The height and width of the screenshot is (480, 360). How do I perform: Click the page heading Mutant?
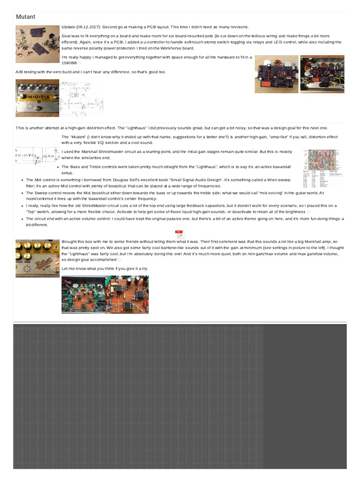26,17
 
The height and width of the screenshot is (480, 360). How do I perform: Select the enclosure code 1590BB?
69,63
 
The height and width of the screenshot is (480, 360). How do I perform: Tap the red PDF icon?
180,234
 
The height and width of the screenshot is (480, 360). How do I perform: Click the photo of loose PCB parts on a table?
37,43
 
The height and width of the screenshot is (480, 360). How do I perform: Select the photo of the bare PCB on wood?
276,74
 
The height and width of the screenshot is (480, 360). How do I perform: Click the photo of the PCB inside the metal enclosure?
322,74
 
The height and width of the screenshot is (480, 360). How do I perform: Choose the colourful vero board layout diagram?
323,168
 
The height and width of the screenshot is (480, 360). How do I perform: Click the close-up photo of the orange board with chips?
127,294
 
